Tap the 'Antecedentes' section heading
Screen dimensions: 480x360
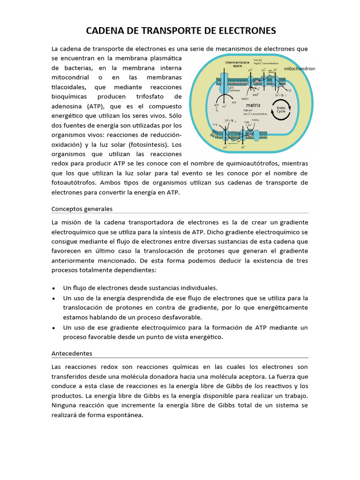click(x=72, y=353)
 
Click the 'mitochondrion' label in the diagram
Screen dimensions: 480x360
click(x=300, y=68)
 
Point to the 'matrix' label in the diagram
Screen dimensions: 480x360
click(x=253, y=105)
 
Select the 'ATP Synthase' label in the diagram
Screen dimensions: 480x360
click(x=234, y=89)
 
